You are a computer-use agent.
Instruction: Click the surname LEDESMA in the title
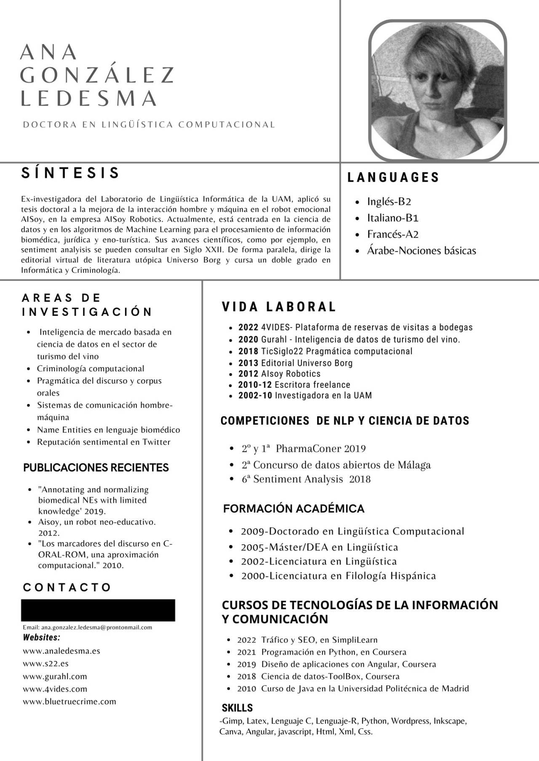click(x=89, y=98)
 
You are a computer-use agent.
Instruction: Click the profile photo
click(x=438, y=90)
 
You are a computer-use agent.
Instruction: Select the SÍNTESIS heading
click(x=71, y=173)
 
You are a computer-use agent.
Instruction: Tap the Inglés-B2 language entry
click(x=389, y=201)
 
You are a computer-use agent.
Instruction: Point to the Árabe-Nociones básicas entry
click(x=421, y=251)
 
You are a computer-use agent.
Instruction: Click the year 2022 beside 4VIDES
click(x=248, y=327)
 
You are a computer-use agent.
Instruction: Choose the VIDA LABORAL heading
click(x=279, y=307)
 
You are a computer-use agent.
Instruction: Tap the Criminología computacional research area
click(x=91, y=369)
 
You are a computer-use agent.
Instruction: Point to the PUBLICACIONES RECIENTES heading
click(x=96, y=468)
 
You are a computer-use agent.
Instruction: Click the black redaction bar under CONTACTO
click(x=98, y=610)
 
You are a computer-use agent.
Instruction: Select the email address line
click(x=88, y=627)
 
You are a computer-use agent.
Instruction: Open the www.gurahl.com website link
click(x=55, y=676)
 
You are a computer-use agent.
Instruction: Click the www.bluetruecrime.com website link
click(x=69, y=701)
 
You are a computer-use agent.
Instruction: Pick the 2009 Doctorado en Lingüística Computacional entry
click(x=352, y=531)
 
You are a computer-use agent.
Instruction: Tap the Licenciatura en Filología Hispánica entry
click(x=338, y=576)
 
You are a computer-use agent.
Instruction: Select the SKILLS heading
click(x=237, y=708)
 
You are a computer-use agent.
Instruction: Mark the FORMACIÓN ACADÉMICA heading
click(x=294, y=509)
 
